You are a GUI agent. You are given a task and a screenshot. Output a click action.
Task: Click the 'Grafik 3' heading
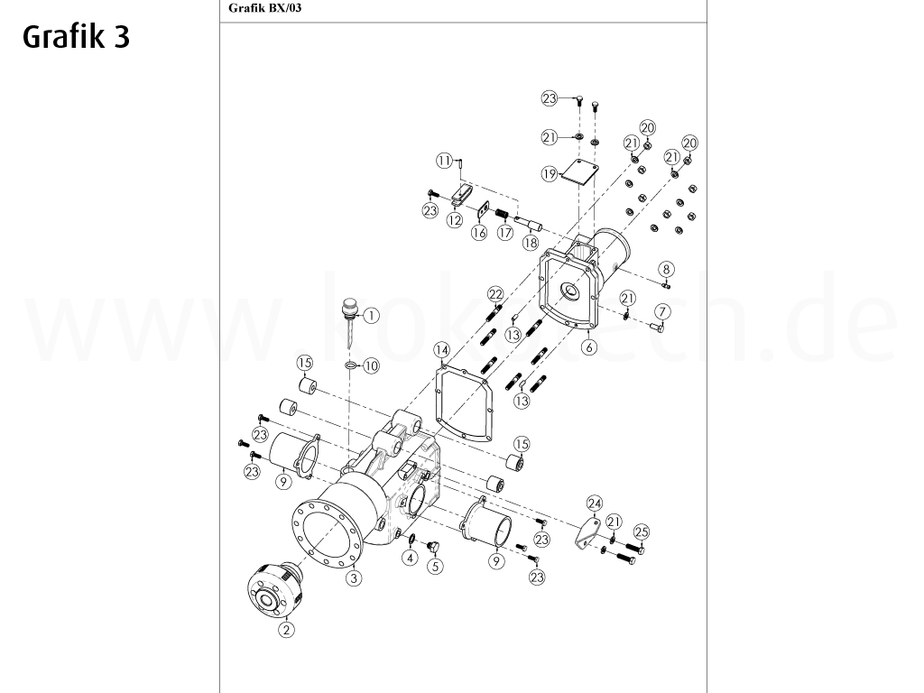coord(77,37)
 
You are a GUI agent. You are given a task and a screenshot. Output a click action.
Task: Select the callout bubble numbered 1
coord(372,315)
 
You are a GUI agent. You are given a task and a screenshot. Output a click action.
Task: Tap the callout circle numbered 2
coord(286,630)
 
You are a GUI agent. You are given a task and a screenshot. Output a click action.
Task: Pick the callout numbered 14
coord(440,349)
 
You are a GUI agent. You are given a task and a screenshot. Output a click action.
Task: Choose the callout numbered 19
coord(550,175)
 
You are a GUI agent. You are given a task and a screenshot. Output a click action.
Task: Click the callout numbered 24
coord(594,504)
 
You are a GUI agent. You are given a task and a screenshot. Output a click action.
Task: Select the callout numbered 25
coord(642,531)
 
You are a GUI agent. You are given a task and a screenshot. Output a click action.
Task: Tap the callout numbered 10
coord(372,365)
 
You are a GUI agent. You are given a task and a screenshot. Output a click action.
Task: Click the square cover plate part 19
coord(579,171)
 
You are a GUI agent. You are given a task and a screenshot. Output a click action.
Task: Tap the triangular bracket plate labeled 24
coord(587,533)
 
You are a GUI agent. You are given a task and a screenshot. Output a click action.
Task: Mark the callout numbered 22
coord(494,294)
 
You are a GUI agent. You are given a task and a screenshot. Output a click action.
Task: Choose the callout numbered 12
coord(456,219)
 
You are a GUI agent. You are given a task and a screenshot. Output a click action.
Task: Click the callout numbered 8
coord(666,269)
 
